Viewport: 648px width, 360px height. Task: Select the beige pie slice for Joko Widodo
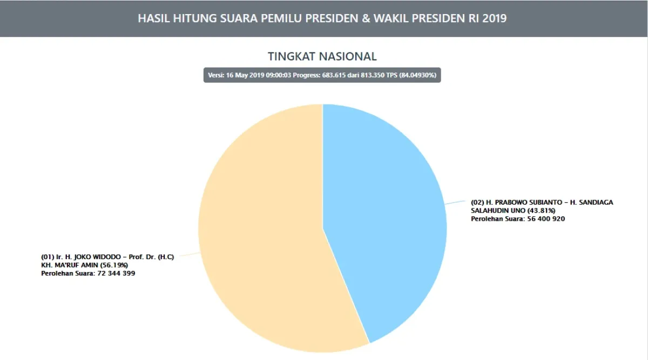click(259, 243)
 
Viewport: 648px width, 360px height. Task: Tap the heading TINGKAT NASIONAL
click(322, 57)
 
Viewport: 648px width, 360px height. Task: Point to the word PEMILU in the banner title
click(283, 18)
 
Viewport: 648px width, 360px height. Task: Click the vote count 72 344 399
click(113, 274)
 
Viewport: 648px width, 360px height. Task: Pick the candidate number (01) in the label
click(48, 257)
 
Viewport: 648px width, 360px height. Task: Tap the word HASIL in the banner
click(153, 18)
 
